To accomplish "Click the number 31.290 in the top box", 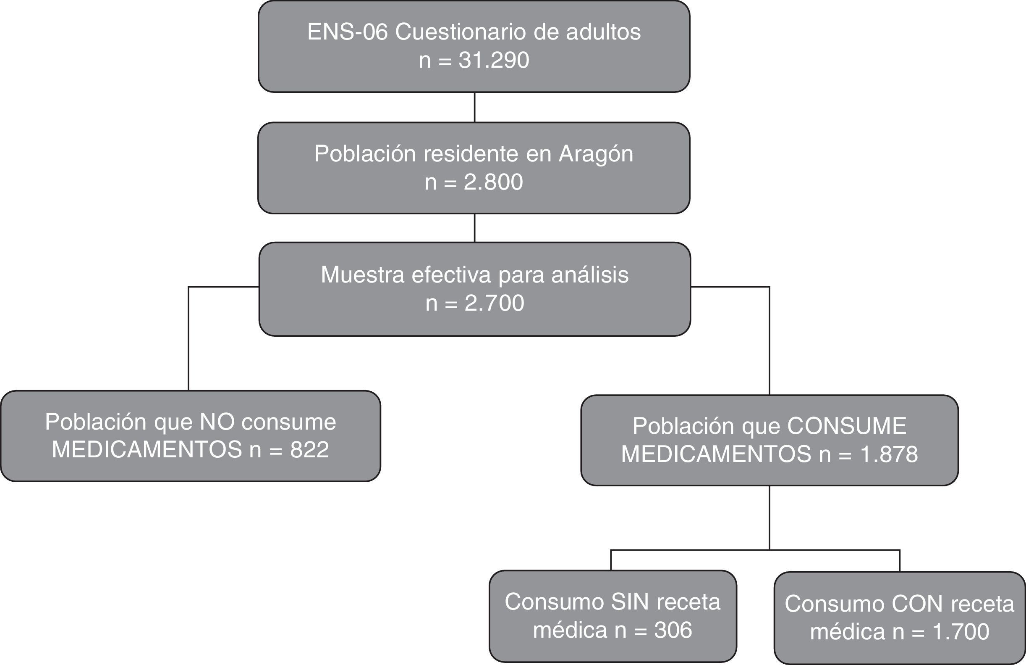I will (494, 60).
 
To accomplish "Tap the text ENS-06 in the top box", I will (348, 32).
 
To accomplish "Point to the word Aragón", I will (596, 154).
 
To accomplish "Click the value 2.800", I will (493, 182).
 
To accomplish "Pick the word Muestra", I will (363, 275).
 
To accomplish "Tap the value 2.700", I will (494, 303).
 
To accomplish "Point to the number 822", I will (309, 450).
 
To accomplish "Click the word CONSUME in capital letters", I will (847, 426).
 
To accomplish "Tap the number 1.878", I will (889, 454).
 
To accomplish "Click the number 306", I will (673, 630).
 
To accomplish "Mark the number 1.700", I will (961, 632).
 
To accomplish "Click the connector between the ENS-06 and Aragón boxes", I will (475, 107).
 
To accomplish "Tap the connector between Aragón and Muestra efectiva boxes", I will (475, 228).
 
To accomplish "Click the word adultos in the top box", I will (603, 32).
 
